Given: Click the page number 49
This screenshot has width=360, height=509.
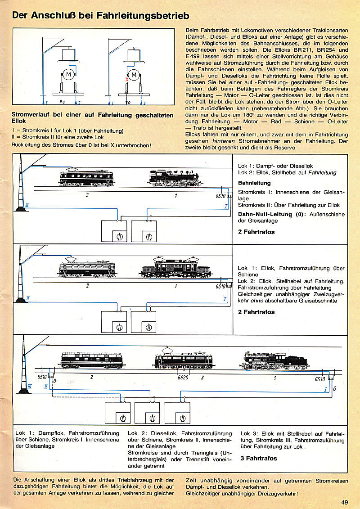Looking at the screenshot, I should pos(345,502).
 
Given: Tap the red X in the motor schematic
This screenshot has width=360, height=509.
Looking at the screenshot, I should pos(127,78).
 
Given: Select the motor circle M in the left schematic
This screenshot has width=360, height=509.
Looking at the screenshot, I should pos(68,74).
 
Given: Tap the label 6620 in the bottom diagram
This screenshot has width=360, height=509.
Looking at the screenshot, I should pos(183,377).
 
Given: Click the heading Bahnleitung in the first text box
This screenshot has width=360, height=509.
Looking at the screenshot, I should pos(254,183).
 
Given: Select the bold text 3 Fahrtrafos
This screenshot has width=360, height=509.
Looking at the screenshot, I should pos(259,458).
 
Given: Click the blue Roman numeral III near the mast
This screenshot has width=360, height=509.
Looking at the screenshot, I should pos(29,386).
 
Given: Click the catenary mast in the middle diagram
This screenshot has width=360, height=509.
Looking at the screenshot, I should pos(20,275).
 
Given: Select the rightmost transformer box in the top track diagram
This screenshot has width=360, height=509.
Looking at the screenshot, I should pos(144,231).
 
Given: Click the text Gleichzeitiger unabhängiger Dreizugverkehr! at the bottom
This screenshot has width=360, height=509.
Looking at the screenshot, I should pos(242,493).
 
